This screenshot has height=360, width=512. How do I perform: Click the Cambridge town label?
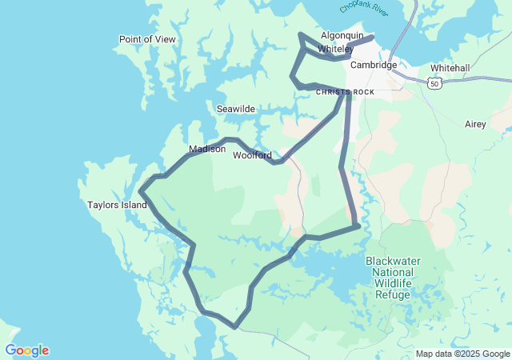pos(373,65)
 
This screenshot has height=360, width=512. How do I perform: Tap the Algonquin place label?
pos(342,36)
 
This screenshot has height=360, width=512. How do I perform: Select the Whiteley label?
pos(335,49)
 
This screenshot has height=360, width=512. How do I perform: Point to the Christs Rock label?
pos(345,92)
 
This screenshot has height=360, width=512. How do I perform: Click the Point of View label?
pos(147,39)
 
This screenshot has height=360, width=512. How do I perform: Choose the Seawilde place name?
pos(236,108)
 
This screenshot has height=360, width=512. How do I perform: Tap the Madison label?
pos(207,149)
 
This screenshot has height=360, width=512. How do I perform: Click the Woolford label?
pos(252,155)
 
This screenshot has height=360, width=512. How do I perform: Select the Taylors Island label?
pos(117,205)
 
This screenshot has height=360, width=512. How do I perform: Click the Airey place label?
pos(475,124)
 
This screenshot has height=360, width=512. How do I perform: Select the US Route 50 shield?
pos(434,83)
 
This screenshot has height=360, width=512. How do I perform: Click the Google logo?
pos(26,350)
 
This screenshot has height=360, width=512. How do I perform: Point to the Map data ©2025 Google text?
pos(462,354)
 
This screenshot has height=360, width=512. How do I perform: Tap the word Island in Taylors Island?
pos(134,205)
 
